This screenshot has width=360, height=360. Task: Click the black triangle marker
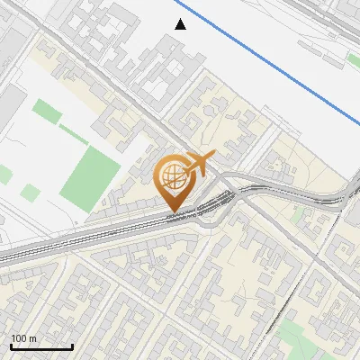[181, 24]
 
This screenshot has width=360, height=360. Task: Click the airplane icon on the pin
[199, 165]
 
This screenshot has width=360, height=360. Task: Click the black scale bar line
[40, 346]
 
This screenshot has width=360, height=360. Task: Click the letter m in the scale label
[33, 338]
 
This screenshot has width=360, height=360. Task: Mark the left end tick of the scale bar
[10, 345]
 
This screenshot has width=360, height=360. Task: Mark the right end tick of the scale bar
[72, 345]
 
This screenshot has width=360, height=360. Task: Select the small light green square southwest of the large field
[31, 193]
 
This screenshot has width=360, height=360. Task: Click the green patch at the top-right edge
[354, 60]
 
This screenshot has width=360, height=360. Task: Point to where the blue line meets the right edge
[358, 123]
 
